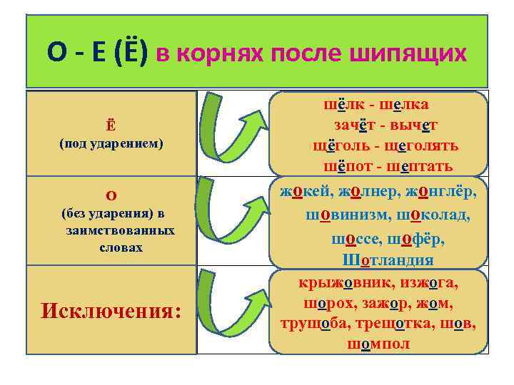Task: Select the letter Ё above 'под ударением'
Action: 111,126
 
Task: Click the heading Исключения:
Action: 111,311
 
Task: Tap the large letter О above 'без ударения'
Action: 111,196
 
